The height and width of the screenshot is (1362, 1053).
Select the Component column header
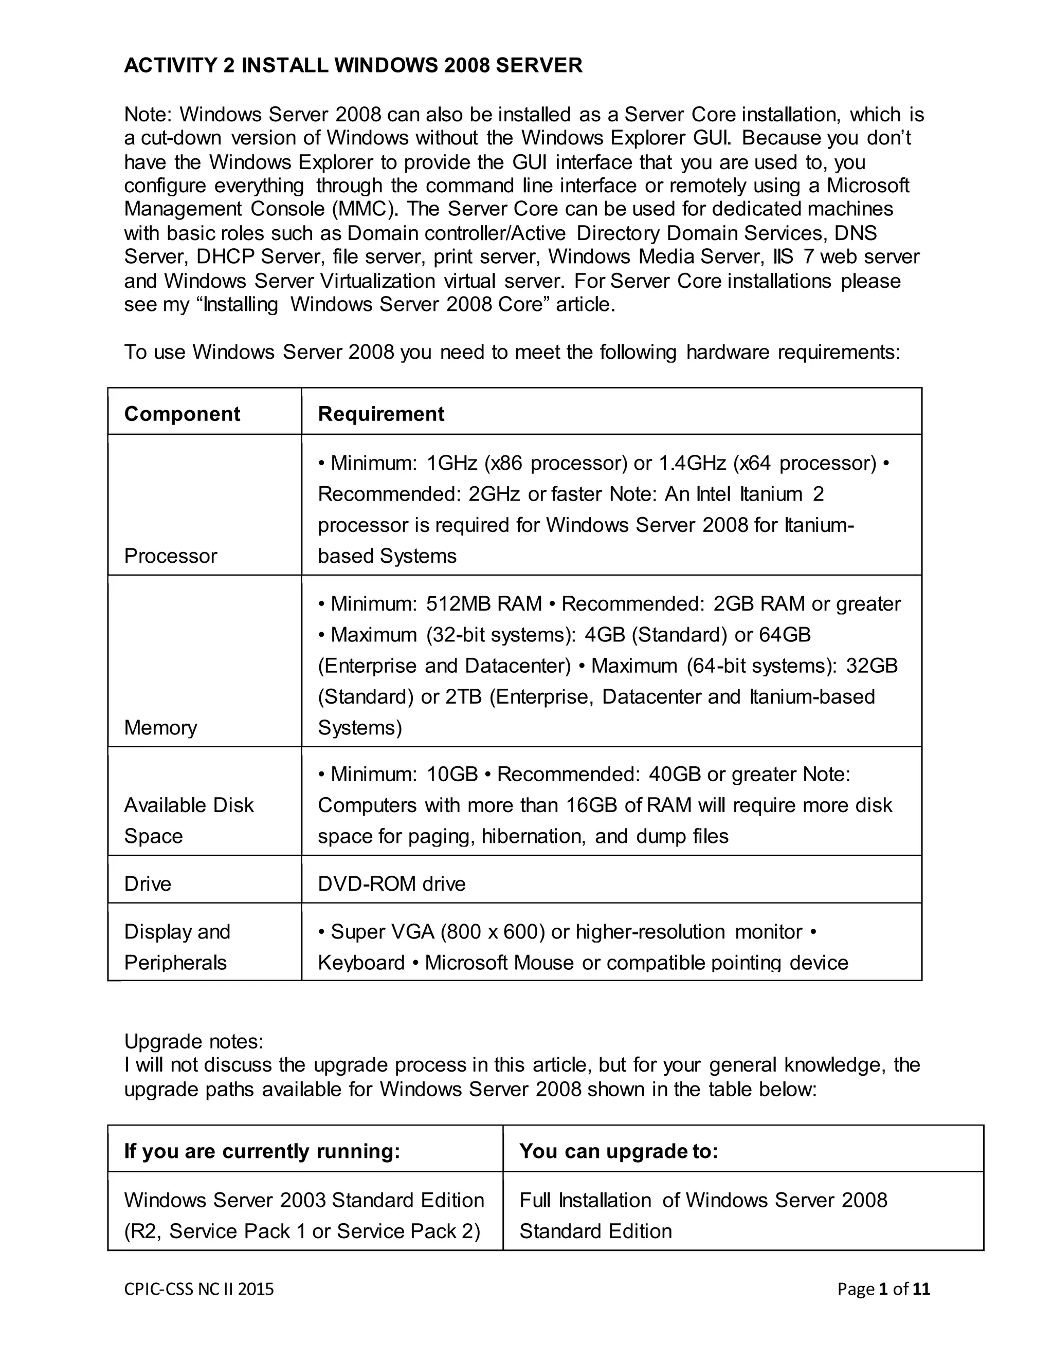tap(181, 414)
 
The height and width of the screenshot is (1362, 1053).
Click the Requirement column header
tap(380, 414)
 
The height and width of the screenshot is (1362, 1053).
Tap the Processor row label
tap(170, 556)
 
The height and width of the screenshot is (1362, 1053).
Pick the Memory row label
tap(160, 728)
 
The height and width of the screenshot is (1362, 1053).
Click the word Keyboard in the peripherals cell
tap(361, 963)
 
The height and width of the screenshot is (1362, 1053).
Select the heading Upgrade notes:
tap(193, 1041)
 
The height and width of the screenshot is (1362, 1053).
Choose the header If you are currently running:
tap(262, 1151)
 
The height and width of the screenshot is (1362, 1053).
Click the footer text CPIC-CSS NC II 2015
tap(199, 1289)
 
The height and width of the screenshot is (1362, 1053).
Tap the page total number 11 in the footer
tap(921, 1289)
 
